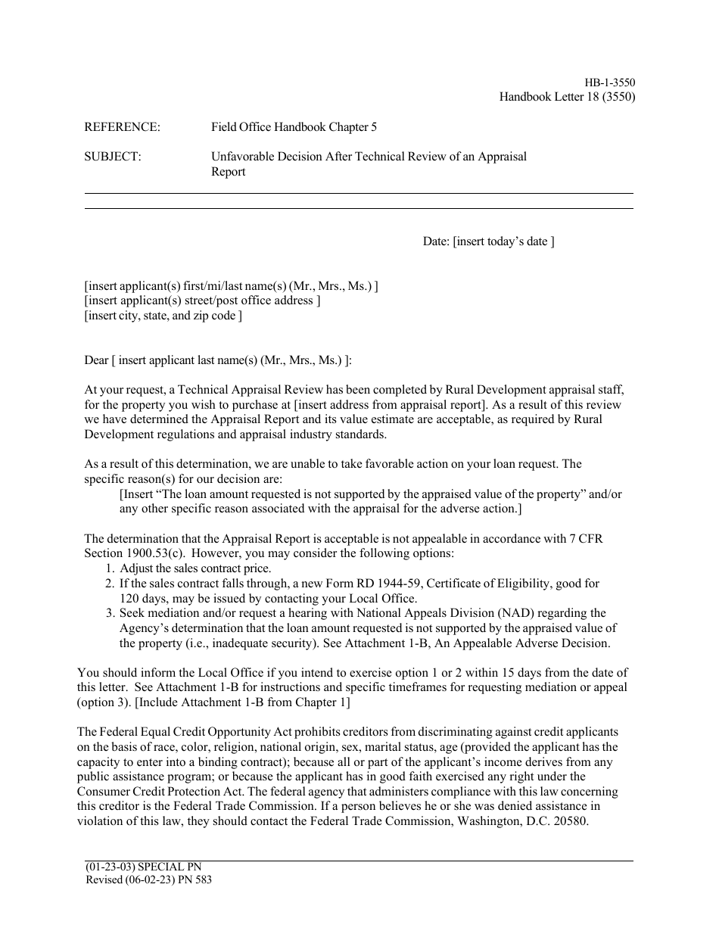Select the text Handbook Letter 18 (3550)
(567, 97)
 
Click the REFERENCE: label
(122, 127)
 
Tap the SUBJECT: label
(112, 157)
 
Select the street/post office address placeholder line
(202, 300)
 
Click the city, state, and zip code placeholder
(163, 316)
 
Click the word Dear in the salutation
(96, 360)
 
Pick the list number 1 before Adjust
(109, 568)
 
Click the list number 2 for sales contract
(109, 584)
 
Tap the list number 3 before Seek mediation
(109, 613)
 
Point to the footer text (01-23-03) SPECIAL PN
(144, 867)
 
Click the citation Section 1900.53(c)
(131, 553)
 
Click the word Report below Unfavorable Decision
(228, 172)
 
